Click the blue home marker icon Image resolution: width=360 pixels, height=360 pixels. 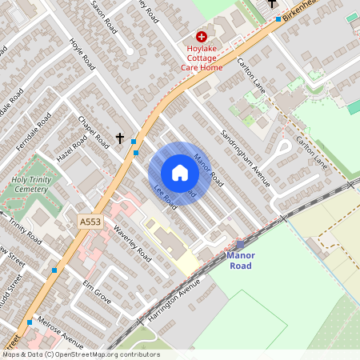(180, 173)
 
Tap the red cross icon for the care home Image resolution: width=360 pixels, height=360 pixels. (202, 36)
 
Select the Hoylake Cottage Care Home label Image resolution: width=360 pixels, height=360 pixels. (201, 58)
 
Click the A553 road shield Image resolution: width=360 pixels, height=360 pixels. (90, 219)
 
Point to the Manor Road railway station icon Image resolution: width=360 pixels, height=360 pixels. (240, 244)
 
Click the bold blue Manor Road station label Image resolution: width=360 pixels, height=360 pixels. (240, 261)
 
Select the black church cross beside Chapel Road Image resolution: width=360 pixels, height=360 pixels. (120, 138)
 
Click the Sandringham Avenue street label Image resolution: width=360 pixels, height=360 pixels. (246, 156)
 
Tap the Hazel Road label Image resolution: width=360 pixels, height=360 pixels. (70, 149)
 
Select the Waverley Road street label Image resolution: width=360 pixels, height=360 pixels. (132, 244)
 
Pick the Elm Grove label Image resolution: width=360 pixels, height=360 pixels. (96, 291)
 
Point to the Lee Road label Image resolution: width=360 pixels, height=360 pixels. (165, 197)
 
